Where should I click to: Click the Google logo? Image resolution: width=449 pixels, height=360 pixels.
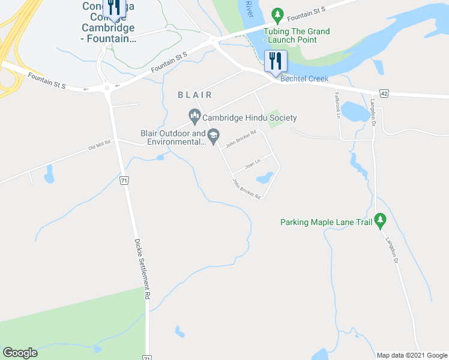click(20, 353)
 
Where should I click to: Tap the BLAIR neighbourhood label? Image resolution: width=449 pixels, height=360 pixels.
click(194, 95)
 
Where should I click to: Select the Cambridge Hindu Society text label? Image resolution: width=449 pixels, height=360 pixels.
click(250, 118)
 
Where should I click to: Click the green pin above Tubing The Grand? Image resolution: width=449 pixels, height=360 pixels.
click(277, 14)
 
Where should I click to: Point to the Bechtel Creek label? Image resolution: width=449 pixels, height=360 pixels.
click(304, 79)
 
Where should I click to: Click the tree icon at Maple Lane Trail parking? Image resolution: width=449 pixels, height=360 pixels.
click(379, 221)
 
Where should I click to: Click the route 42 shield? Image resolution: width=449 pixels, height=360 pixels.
click(385, 94)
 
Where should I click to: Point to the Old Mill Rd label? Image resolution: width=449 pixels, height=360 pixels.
click(100, 146)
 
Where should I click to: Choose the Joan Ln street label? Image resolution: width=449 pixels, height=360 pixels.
click(253, 163)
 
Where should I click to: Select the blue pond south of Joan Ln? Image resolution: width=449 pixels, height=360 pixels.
click(264, 178)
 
